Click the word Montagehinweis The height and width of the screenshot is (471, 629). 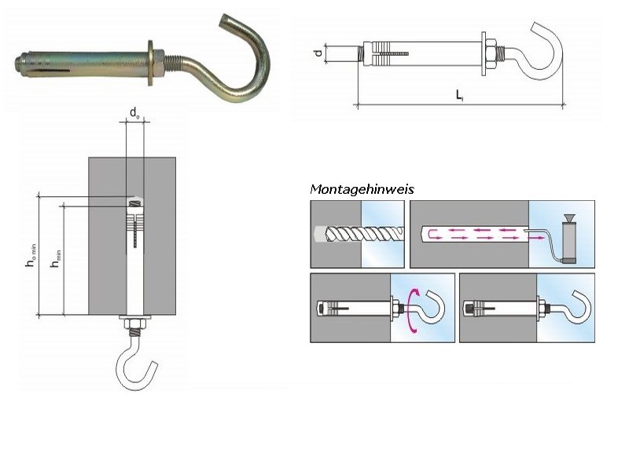pos(362,189)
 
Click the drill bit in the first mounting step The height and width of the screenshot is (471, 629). pos(358,233)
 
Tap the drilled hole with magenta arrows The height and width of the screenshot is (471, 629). pos(472,233)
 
